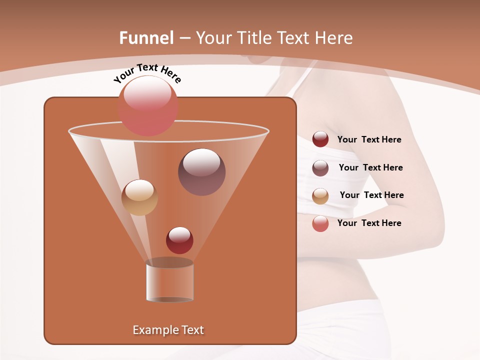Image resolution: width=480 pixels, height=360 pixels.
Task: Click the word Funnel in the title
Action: click(x=146, y=38)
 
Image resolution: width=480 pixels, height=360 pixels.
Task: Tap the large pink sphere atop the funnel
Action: click(x=148, y=106)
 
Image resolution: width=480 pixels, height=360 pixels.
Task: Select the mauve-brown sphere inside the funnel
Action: click(x=201, y=172)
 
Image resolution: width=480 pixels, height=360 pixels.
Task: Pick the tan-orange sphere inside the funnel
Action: click(x=139, y=197)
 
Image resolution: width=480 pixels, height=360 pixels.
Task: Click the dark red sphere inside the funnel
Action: click(x=179, y=240)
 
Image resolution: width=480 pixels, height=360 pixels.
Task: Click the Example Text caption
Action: click(x=168, y=330)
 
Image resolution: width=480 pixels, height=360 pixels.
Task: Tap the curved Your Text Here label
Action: click(x=147, y=73)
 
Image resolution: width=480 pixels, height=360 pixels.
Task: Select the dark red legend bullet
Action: click(x=320, y=139)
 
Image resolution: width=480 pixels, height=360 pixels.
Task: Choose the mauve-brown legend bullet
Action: click(x=320, y=167)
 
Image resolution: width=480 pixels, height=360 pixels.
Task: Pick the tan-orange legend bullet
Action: click(x=320, y=195)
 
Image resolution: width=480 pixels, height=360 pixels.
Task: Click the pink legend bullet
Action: click(x=320, y=223)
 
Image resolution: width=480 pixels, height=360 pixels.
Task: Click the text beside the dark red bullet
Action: click(x=369, y=140)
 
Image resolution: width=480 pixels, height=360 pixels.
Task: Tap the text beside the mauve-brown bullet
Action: click(x=370, y=167)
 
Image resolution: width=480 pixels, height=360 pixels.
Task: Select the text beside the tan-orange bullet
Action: click(x=371, y=195)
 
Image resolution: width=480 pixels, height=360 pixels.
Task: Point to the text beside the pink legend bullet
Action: click(x=369, y=223)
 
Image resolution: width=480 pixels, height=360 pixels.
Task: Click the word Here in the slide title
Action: click(x=334, y=38)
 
